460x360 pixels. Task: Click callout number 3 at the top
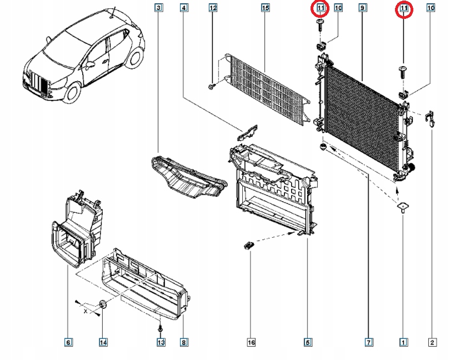[159, 8]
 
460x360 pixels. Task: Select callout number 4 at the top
[184, 8]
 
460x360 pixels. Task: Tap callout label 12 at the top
[213, 8]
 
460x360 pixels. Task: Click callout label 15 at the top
[265, 8]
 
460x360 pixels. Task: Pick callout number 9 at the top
[362, 8]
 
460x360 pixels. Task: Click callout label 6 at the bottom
[68, 343]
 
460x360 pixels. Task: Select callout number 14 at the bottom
[103, 343]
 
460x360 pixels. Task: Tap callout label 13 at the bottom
[161, 343]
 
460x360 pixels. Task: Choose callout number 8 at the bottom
[184, 343]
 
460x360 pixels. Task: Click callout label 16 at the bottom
[251, 343]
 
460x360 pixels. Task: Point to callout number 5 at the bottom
[308, 343]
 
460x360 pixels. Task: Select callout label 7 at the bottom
[368, 343]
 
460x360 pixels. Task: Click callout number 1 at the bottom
[403, 343]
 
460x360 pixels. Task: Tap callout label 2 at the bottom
[432, 343]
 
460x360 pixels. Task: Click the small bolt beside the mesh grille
[213, 86]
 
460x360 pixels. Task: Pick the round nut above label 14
[103, 304]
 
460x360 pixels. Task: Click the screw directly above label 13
[161, 328]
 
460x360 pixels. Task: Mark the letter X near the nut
[85, 312]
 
